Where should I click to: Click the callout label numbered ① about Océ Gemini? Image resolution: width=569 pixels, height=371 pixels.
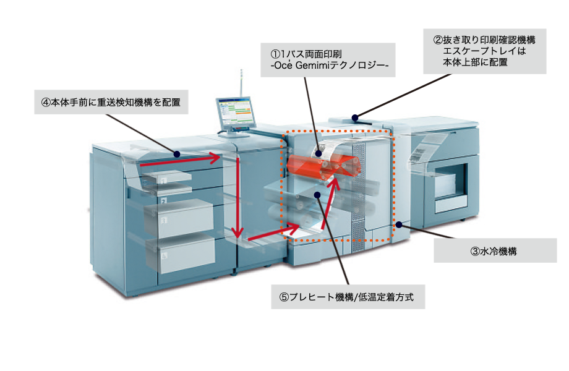[327, 59]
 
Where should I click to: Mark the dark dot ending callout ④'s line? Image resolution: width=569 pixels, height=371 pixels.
[176, 153]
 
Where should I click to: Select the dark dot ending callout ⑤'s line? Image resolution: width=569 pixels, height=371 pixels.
[317, 195]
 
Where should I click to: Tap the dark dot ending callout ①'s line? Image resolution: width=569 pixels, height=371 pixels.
[320, 152]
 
